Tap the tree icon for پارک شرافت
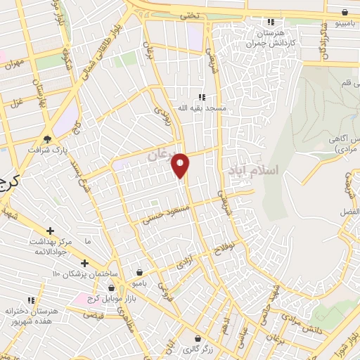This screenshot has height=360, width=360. (x=48, y=139)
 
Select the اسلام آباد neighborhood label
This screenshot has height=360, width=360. (x=254, y=170)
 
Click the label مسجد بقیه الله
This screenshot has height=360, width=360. (x=202, y=108)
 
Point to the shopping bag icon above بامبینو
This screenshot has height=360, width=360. (x=344, y=12)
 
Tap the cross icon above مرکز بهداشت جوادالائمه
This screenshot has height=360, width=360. (x=50, y=231)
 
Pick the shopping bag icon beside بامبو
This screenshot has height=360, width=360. (x=140, y=272)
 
